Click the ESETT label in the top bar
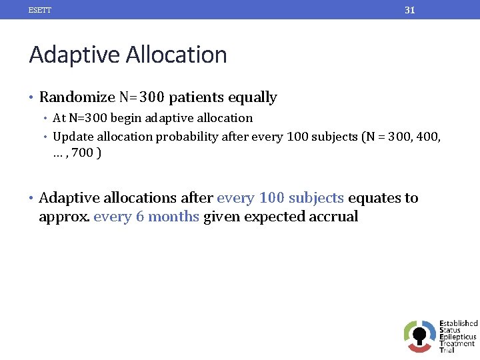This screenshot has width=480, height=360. point(40,10)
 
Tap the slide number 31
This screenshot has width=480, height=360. point(410,10)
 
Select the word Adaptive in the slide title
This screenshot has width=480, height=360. point(70,55)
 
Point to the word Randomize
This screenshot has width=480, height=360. point(77,97)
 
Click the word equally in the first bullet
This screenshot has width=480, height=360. point(252,97)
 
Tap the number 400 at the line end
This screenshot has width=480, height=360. point(429,137)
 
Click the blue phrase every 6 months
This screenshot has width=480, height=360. point(147,217)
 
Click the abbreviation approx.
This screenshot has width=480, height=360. point(65,217)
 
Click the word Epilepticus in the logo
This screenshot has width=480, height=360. point(457,337)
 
